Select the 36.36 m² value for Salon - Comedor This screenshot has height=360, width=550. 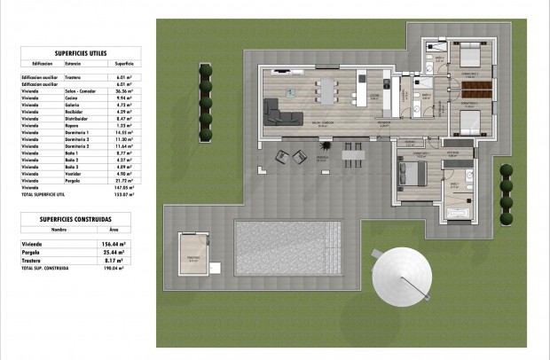pos(123,91)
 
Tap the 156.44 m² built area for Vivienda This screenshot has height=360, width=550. pos(118,243)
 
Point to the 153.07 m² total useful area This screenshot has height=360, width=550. pos(123,193)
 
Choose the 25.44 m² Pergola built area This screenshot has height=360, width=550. pos(120,253)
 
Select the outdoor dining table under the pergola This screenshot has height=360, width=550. pos(353,157)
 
